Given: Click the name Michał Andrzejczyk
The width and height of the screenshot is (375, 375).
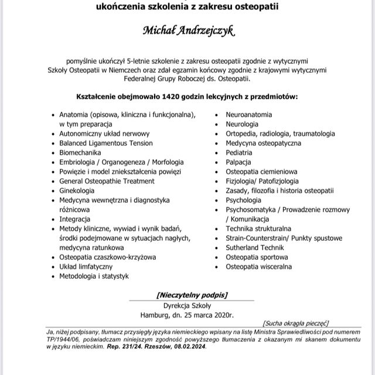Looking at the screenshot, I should point(187,31).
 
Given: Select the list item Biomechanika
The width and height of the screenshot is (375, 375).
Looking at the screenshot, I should point(84,152).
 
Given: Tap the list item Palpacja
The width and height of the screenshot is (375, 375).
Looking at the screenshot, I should point(238,162).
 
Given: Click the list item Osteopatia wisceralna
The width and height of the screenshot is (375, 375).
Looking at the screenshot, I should point(259,267).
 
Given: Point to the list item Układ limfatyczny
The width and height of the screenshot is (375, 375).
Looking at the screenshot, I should point(89,267).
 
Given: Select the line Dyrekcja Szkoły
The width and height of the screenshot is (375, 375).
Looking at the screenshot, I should point(187,305).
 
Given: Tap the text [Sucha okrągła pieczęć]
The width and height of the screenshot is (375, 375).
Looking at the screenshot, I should point(296,323).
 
